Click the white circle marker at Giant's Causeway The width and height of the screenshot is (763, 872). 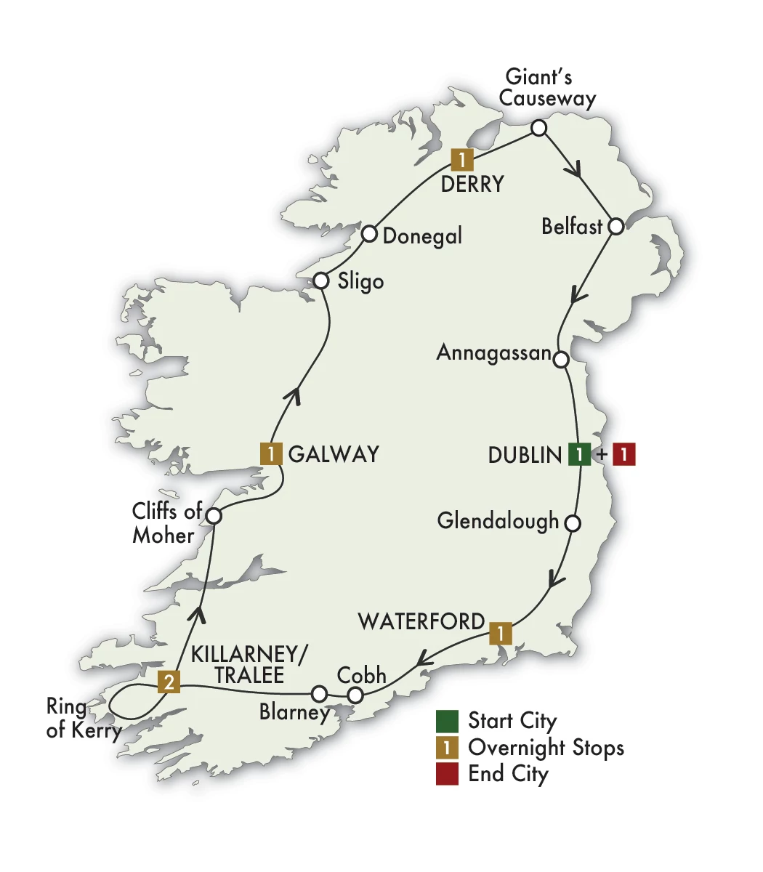(x=538, y=128)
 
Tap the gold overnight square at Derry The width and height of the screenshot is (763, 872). (x=461, y=158)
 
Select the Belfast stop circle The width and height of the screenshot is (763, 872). (x=615, y=226)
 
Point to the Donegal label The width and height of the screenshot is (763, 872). (x=422, y=236)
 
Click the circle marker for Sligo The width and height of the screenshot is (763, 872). (x=321, y=280)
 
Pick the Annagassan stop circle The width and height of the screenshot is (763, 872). (x=561, y=359)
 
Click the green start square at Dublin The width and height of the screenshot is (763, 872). (x=578, y=454)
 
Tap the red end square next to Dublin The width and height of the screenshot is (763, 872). (x=624, y=454)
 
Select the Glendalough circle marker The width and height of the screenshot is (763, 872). (x=573, y=522)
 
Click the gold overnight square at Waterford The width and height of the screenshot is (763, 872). (x=500, y=632)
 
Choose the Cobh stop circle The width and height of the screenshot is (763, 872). (x=355, y=695)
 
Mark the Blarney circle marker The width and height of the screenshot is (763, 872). (x=318, y=693)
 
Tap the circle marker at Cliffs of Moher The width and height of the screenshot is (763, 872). (x=214, y=516)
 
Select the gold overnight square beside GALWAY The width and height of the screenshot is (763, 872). (x=271, y=454)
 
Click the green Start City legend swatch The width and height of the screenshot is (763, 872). (x=447, y=721)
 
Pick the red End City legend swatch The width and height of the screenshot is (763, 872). (x=447, y=773)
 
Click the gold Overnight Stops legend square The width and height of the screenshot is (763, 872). (x=447, y=747)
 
